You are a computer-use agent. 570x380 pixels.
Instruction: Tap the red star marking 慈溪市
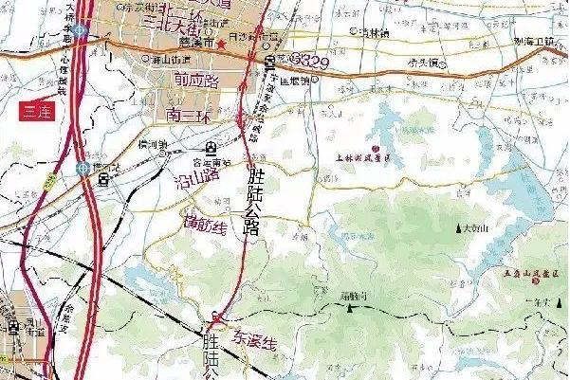click(221, 44)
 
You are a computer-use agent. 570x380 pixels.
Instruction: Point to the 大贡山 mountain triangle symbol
click(460, 228)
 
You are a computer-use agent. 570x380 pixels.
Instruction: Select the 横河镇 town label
click(151, 145)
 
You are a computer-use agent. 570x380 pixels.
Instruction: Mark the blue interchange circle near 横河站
click(83, 169)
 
